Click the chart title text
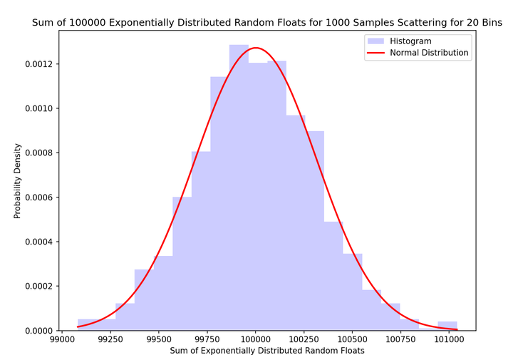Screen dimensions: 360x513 (267, 23)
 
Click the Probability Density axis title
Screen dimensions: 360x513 (18, 182)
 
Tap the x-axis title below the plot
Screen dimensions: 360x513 (267, 351)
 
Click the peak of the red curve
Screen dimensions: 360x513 (256, 48)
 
